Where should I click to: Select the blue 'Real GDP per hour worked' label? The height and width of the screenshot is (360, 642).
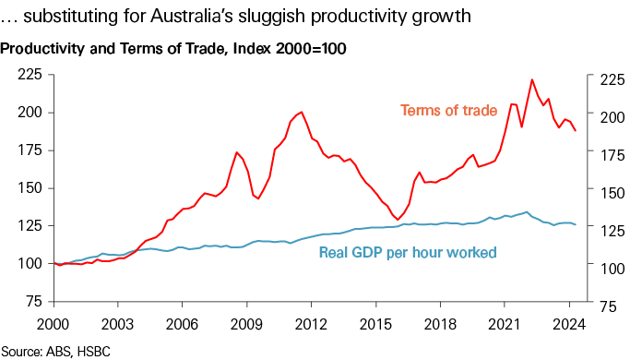coord(408,252)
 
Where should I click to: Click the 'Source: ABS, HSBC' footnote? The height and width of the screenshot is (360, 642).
coord(55,350)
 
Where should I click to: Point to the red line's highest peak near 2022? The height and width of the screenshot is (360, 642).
coord(532,80)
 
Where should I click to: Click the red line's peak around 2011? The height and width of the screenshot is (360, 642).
coord(302,112)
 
